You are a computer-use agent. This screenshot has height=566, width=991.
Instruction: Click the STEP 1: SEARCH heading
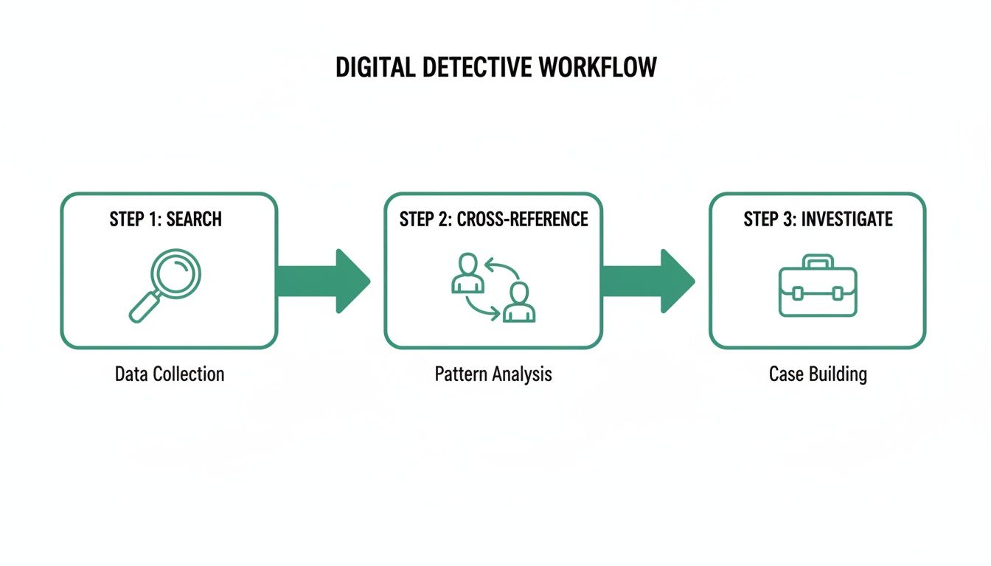pyautogui.click(x=166, y=219)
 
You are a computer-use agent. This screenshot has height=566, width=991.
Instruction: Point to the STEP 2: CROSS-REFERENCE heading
pyautogui.click(x=493, y=219)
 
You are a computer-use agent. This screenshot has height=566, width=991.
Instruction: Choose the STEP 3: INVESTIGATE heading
pyautogui.click(x=818, y=219)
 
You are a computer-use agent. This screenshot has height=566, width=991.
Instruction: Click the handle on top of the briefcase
pyautogui.click(x=818, y=262)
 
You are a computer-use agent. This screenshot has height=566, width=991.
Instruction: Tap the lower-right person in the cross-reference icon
pyautogui.click(x=519, y=302)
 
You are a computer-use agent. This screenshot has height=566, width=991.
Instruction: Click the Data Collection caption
pyautogui.click(x=170, y=374)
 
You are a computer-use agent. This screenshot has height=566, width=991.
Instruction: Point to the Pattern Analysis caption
pyautogui.click(x=493, y=374)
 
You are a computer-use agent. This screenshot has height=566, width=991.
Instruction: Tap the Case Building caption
pyautogui.click(x=818, y=374)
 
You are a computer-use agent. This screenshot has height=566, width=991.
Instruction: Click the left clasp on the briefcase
pyautogui.click(x=797, y=293)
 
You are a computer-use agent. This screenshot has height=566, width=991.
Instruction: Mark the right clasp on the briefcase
pyautogui.click(x=837, y=293)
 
